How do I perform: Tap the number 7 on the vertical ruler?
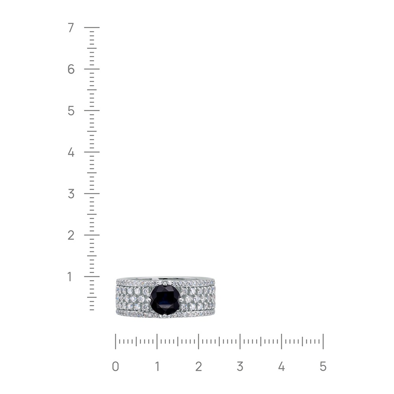(71, 28)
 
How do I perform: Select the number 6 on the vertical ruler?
(71, 69)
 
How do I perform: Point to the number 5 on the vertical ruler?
(71, 111)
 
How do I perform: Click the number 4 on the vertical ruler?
(71, 152)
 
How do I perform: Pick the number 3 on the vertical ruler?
(71, 194)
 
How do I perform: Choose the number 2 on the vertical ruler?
(71, 235)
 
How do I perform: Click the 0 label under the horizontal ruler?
(115, 366)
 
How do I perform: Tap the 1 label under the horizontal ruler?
(157, 366)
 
